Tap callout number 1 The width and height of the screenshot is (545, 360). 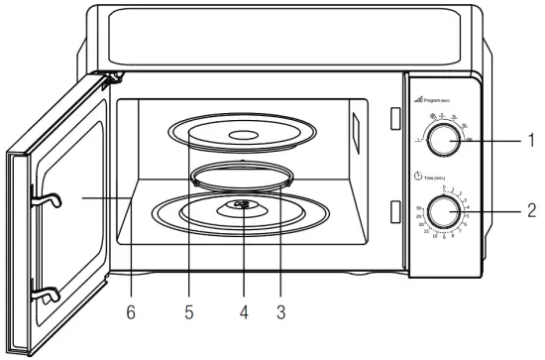530,142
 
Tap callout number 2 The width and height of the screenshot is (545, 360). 530,210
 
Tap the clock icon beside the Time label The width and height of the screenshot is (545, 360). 419,175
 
